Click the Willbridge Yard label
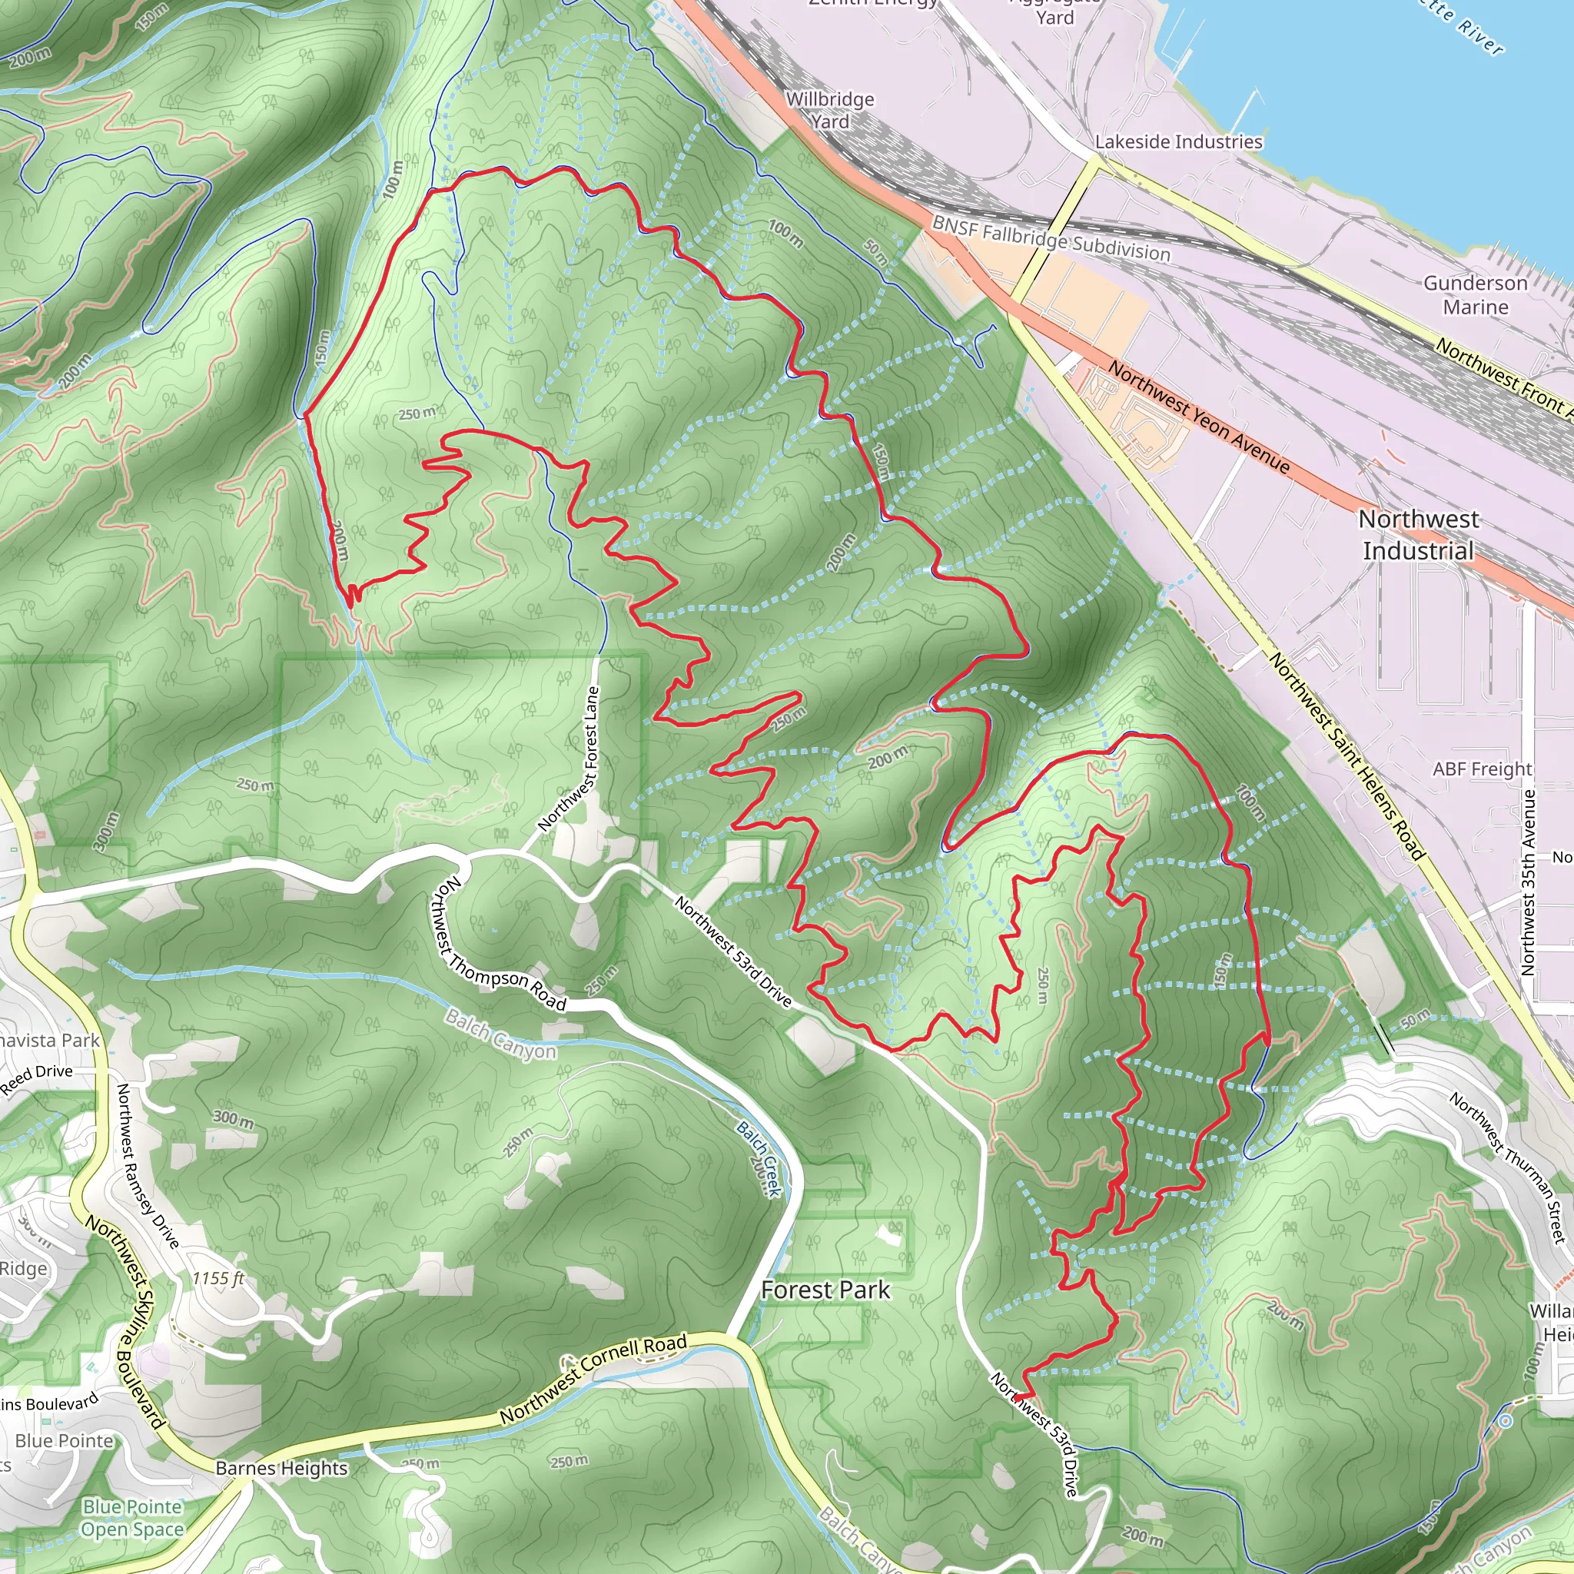click(829, 110)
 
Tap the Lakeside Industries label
click(1178, 141)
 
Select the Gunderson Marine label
click(1476, 295)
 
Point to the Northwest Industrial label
click(1419, 534)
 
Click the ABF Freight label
click(1482, 769)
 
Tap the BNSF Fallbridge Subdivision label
click(1051, 239)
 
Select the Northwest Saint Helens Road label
click(1347, 756)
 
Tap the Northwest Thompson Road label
click(500, 946)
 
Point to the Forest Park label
click(825, 1290)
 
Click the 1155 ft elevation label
click(218, 1278)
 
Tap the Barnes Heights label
click(281, 1468)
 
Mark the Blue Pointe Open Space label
click(132, 1518)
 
